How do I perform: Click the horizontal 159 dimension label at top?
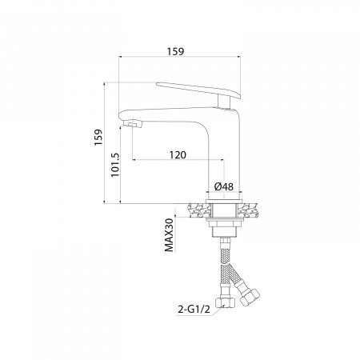pos(175,51)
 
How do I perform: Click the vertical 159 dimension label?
pos(98,137)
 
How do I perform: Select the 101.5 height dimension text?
pos(115,165)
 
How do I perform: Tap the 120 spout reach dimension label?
pos(178,154)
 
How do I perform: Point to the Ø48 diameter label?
pos(223,186)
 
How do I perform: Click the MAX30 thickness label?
pos(169,235)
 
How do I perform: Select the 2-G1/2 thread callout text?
pos(194,310)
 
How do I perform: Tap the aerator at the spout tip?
pos(133,124)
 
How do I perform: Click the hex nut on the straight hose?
pos(225,302)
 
